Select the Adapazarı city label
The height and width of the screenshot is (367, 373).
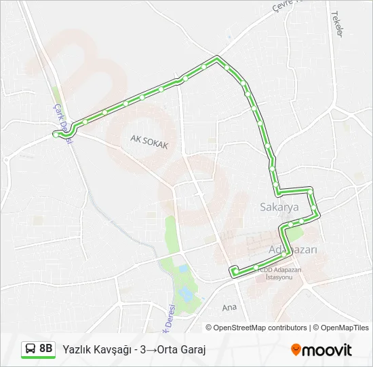click(x=294, y=249)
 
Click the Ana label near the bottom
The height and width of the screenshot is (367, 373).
click(x=230, y=308)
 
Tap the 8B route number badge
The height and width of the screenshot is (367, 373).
click(x=45, y=349)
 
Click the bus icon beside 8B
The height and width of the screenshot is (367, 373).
click(x=31, y=349)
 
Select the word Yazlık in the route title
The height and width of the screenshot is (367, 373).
click(x=77, y=349)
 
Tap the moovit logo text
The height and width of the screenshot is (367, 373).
click(x=327, y=350)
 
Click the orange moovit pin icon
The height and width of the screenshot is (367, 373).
click(x=296, y=350)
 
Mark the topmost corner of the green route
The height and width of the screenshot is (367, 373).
click(x=217, y=57)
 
